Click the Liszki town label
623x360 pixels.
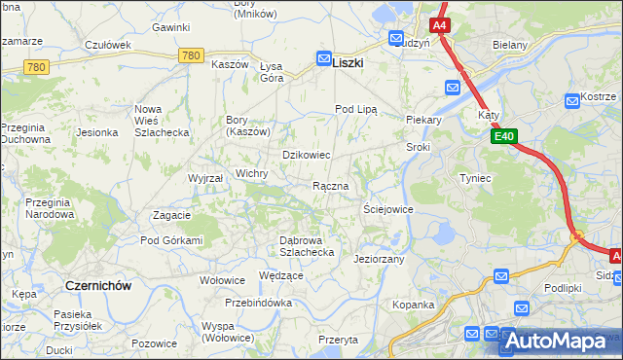348,61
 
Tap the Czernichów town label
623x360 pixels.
97,285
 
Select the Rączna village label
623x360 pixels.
330,186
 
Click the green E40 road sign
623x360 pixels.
503,138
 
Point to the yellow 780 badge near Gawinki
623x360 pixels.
191,57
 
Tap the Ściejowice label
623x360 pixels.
388,209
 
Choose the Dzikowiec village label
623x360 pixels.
307,155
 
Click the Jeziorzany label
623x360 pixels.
380,260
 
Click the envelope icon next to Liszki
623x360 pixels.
323,58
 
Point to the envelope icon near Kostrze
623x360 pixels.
572,100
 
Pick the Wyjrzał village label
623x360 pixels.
205,179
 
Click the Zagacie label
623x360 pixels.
171,214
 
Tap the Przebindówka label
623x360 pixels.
258,303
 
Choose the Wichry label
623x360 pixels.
251,173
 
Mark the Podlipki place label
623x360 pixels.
563,287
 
